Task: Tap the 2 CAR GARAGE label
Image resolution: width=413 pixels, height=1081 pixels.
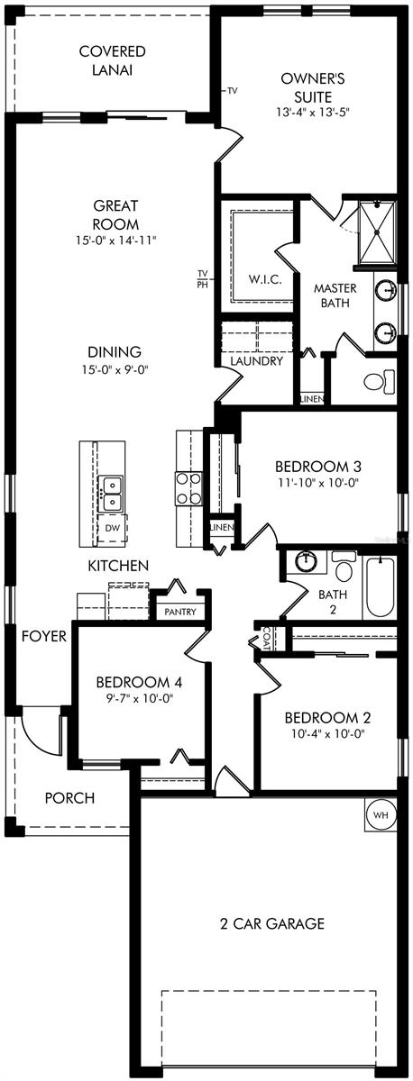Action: (x=272, y=923)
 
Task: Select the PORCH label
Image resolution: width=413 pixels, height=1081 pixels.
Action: (x=69, y=798)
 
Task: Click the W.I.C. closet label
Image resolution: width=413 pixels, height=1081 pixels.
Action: (x=265, y=279)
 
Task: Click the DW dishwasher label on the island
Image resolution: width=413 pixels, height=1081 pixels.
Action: (x=112, y=528)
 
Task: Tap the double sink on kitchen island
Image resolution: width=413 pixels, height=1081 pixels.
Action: (x=112, y=492)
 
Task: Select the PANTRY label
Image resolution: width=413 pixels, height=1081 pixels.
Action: (x=179, y=612)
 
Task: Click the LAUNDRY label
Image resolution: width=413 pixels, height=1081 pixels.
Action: (x=256, y=361)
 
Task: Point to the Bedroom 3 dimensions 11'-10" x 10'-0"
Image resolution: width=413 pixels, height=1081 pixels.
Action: (x=318, y=483)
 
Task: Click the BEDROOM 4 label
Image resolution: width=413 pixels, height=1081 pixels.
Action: (x=139, y=681)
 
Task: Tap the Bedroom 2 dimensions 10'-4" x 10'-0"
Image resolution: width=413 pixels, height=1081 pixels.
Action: (x=327, y=733)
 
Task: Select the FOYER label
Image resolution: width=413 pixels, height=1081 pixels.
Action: (x=45, y=636)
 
